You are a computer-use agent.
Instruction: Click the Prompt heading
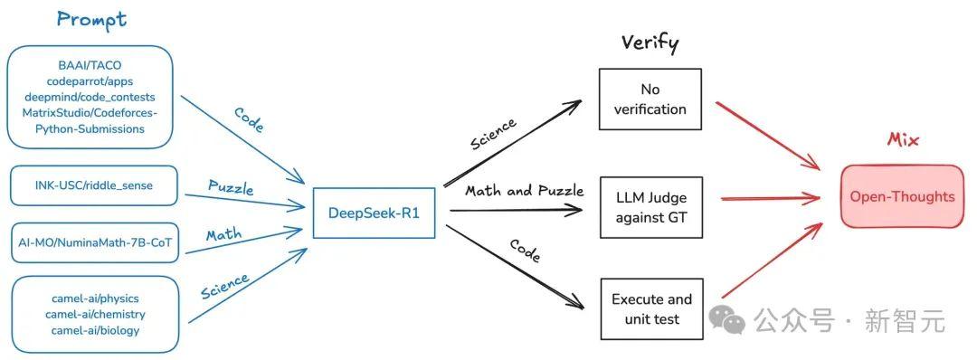[91, 19]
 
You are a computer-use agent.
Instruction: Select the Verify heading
[650, 43]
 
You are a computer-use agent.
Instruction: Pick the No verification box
[650, 99]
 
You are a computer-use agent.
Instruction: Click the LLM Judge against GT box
[650, 207]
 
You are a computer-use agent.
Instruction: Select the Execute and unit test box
[651, 309]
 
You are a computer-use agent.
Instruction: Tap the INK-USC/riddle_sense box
[94, 185]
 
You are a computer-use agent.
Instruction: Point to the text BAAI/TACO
[89, 64]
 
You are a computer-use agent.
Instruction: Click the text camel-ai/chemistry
[95, 314]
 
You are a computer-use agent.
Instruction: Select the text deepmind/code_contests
[89, 97]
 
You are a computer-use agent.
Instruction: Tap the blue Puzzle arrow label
[231, 188]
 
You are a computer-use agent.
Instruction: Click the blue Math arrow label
[223, 236]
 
